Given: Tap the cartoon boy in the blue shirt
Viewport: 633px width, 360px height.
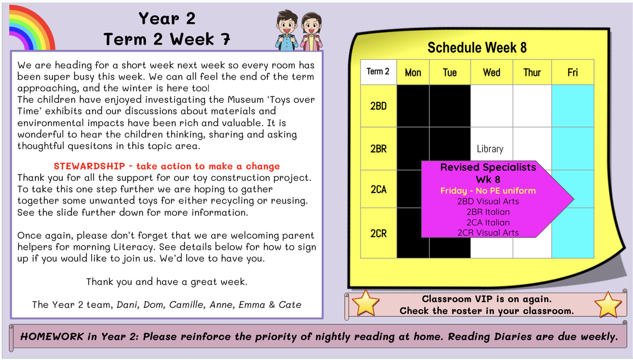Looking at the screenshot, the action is tap(286, 31).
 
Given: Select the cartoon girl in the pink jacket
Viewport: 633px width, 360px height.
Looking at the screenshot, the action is tap(311, 32).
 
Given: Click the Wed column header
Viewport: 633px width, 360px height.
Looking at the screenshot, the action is tap(492, 72).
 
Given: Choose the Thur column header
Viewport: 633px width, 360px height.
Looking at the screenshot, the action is tap(532, 72).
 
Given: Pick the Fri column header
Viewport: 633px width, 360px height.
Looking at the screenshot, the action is tap(572, 72).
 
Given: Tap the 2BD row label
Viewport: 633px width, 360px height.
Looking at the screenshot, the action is tap(378, 106).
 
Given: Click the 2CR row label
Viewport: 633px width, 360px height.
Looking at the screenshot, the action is tap(378, 233).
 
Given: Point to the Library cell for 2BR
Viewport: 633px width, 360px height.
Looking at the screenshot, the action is tap(490, 149).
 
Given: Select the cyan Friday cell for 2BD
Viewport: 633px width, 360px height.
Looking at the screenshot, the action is tap(572, 106).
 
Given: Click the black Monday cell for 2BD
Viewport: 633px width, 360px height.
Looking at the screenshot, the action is tap(413, 106).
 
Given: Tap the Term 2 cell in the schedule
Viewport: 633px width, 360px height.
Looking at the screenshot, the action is tap(378, 72).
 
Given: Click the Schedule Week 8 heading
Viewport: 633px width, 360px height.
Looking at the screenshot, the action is tap(477, 47).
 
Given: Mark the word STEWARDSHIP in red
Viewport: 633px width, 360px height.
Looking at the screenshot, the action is tap(89, 166).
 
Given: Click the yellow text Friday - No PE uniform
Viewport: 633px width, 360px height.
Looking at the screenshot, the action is tap(488, 191).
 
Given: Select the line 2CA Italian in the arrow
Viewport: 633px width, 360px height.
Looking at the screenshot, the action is tap(488, 222).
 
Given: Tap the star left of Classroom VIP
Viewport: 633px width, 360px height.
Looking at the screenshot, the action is tap(366, 303).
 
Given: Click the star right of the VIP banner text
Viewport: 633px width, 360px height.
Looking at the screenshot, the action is tap(608, 304).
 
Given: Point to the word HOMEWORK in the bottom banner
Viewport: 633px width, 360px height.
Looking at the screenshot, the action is tap(52, 336).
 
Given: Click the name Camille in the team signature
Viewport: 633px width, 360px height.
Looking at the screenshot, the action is tap(186, 305).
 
